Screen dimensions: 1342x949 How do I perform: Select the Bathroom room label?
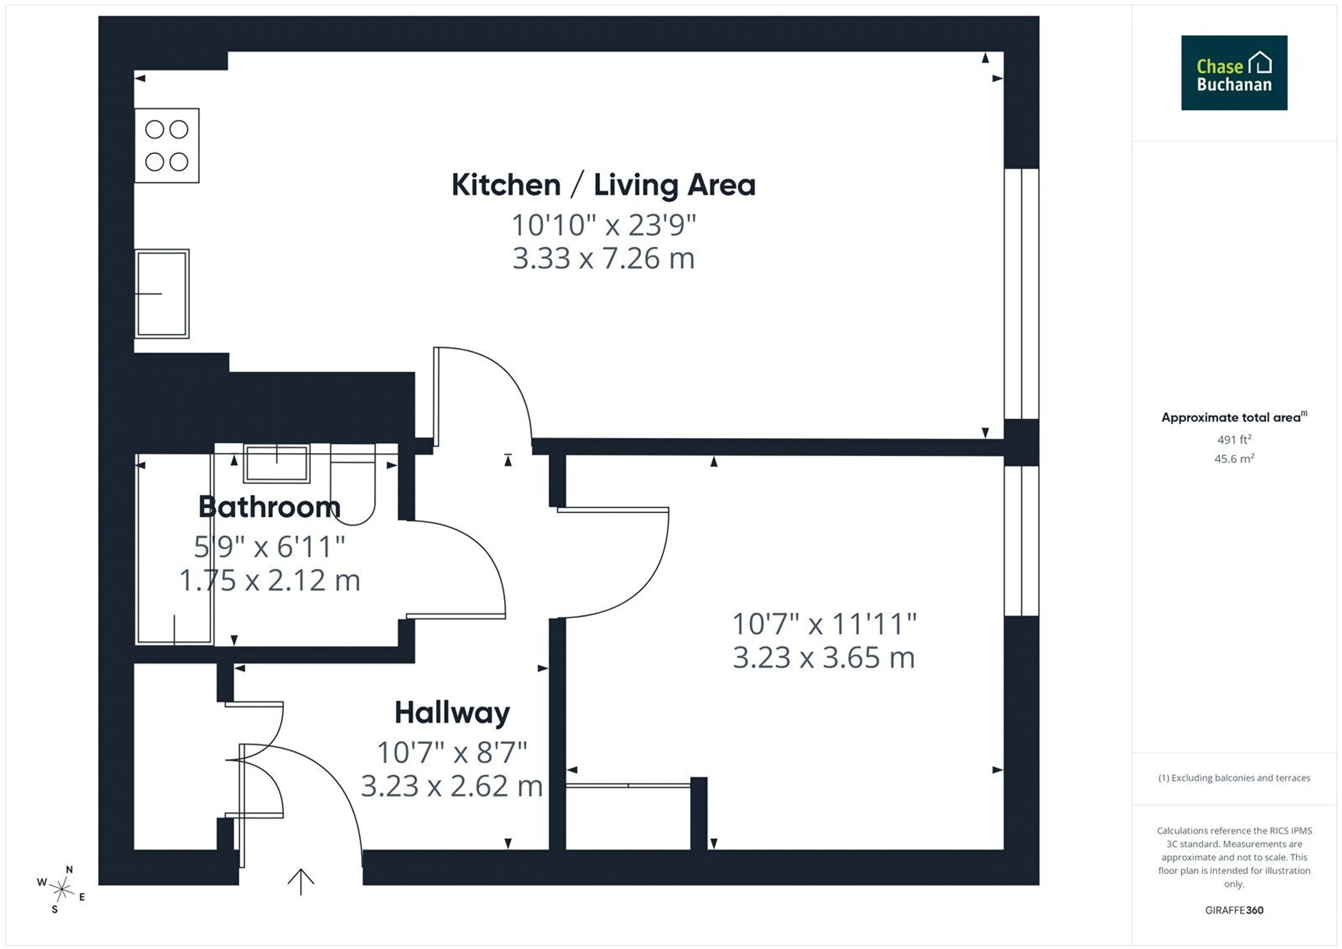(269, 507)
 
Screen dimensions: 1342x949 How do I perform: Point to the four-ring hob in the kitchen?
(167, 145)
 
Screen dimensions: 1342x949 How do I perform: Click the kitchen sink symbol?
(162, 293)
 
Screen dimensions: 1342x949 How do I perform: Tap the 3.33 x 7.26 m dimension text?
(604, 258)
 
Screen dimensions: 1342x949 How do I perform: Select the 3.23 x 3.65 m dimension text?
(824, 658)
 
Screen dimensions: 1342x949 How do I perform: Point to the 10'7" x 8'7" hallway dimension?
(452, 752)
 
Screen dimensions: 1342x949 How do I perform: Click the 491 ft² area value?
(1234, 439)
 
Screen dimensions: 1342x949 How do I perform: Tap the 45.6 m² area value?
(1234, 458)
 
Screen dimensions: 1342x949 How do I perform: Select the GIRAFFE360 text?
(1234, 911)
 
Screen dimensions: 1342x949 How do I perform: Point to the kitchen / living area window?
(1022, 293)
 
